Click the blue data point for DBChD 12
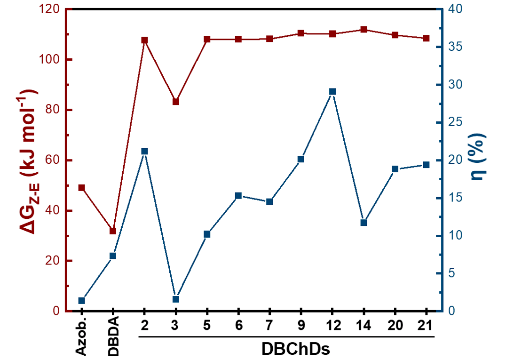(x=332, y=91)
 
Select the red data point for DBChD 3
(x=176, y=102)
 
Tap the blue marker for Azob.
(x=81, y=301)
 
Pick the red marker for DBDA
(x=113, y=231)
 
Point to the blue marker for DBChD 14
(x=364, y=223)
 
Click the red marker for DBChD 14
(x=364, y=30)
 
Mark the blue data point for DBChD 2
(x=144, y=151)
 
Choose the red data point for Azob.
(x=81, y=188)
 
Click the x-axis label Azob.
(x=81, y=336)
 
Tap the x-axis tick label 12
(x=332, y=325)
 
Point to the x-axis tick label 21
(x=426, y=325)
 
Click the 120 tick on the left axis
(x=49, y=9)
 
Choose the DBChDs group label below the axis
(x=295, y=350)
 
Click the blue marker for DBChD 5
(x=207, y=234)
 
